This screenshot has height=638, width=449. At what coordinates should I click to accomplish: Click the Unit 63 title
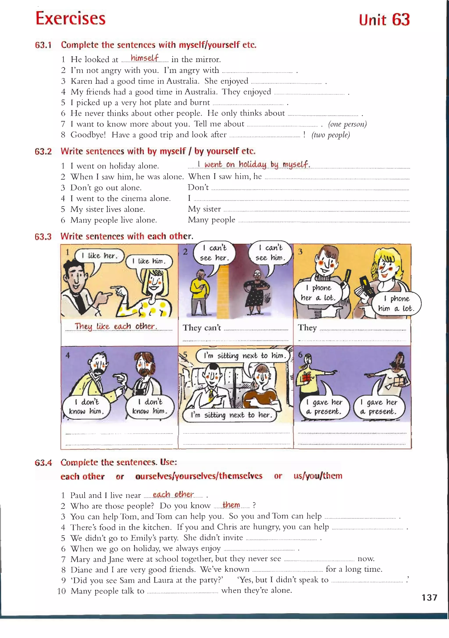(384, 20)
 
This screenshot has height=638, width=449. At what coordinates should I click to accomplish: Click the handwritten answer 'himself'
(144, 58)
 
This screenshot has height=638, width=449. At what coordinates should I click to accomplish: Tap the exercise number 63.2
(43, 151)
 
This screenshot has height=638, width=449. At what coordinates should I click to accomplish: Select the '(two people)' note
(331, 135)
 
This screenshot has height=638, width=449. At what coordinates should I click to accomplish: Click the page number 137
(429, 597)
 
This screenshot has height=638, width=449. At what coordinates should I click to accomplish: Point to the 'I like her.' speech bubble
(100, 256)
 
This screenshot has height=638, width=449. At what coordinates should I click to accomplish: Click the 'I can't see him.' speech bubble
(270, 252)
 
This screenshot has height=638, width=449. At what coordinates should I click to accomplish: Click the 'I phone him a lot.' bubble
(396, 304)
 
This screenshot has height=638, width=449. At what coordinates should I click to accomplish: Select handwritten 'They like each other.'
(116, 326)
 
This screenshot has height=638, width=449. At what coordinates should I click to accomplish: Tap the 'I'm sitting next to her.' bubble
(230, 415)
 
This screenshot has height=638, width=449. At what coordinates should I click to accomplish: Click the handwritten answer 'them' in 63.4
(231, 505)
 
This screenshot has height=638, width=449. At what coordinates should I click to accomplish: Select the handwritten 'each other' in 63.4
(173, 495)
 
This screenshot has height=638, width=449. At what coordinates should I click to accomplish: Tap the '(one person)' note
(347, 124)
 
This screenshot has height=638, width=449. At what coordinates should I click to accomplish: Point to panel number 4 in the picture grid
(68, 355)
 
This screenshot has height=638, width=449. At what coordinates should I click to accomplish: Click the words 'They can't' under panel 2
(202, 328)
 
